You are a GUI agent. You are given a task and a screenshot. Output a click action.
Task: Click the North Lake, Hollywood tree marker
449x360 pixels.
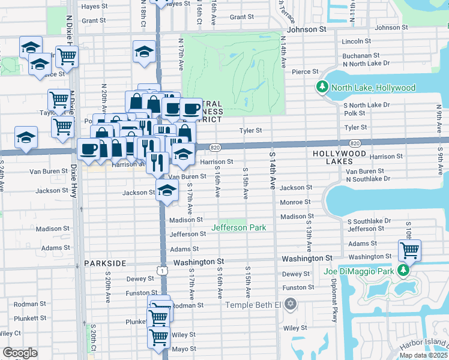[322, 88]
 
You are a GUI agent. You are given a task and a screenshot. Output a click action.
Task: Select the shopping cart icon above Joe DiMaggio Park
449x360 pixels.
[409, 250]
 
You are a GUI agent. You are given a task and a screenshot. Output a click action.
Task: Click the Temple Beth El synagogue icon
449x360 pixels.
[291, 305]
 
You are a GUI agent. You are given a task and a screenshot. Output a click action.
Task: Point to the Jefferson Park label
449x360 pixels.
[238, 227]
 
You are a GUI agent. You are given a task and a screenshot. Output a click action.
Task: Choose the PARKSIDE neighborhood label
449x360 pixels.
[105, 263]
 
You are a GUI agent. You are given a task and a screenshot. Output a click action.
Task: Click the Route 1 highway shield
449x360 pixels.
[163, 271]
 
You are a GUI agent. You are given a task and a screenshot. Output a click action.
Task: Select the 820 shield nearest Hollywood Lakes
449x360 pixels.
[355, 143]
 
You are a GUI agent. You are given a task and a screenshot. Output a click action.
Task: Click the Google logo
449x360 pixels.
[20, 353]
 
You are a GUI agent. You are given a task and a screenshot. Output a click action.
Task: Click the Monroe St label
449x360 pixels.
[294, 202]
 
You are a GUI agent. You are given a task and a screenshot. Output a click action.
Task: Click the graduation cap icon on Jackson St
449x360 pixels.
[167, 192]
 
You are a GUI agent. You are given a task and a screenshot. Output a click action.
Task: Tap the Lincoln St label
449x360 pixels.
[357, 41]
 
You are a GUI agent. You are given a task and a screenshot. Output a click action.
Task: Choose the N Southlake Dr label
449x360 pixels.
[367, 179]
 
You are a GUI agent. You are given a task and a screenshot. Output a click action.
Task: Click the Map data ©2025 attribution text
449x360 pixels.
[423, 355]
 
